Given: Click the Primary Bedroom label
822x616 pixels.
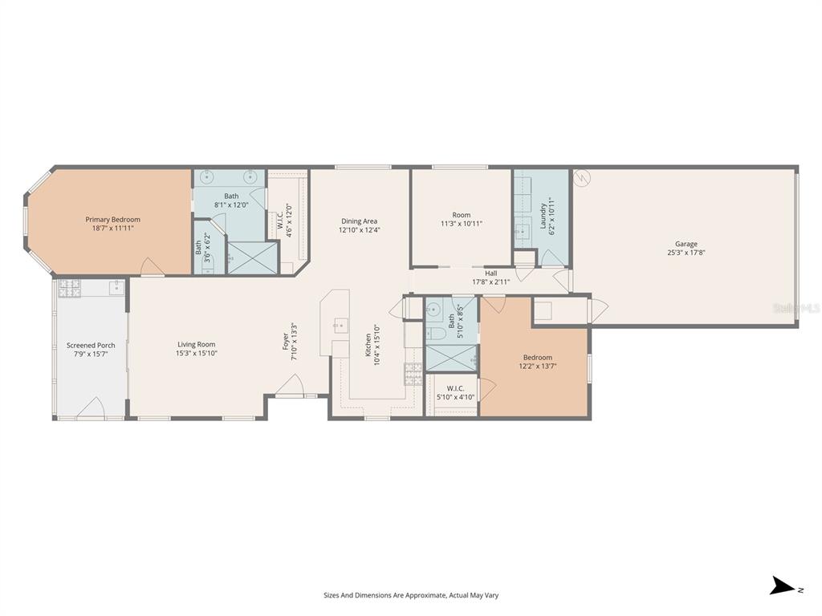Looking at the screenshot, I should pos(113,220).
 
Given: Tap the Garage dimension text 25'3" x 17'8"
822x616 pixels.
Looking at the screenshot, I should pos(686,253).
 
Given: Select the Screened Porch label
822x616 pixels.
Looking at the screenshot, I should pos(91,346).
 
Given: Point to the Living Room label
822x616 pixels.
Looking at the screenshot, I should pos(197,345).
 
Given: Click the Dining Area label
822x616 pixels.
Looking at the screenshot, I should pos(359,221).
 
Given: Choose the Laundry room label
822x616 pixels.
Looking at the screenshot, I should pos(543,215).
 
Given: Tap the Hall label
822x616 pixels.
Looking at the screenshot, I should pos(490,274).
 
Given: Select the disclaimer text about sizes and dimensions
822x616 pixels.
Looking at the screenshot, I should pos(411,595).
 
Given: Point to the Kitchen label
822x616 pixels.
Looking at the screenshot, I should pos(369,345).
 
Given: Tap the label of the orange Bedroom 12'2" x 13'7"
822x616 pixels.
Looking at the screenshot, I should pos(537,358).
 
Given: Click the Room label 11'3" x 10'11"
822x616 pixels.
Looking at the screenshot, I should pos(461,215).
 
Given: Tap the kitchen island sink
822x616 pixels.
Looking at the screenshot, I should pos(340,325).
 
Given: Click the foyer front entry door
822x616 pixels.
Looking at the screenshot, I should pos(289,390).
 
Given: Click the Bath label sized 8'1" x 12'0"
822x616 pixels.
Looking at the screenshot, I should pos(231,197).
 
